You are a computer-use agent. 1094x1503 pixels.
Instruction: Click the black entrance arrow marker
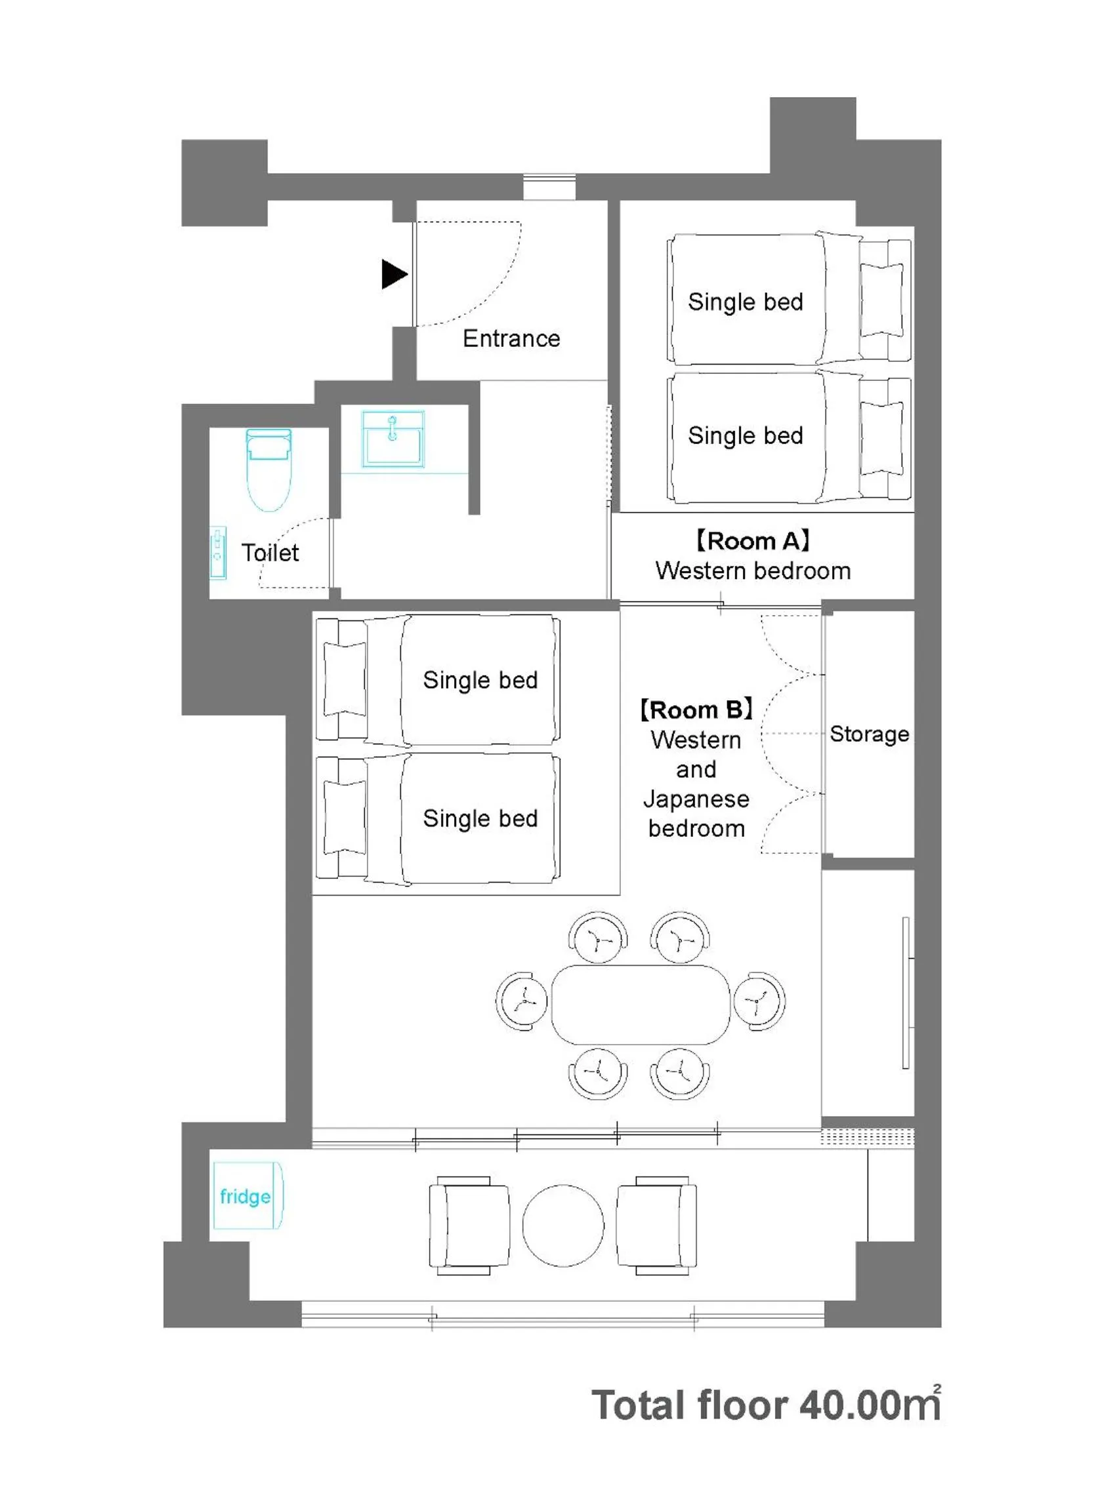tap(393, 273)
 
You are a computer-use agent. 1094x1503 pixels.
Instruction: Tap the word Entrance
tap(511, 338)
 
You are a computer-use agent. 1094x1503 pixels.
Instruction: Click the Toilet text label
tap(270, 553)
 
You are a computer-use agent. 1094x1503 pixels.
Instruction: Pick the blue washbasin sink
tap(392, 439)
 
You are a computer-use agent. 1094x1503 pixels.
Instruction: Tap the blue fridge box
tap(247, 1197)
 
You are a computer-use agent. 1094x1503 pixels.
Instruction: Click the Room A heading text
tap(753, 541)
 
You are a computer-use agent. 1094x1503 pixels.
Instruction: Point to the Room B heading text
tap(696, 710)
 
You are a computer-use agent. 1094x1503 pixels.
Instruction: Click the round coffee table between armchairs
tap(563, 1226)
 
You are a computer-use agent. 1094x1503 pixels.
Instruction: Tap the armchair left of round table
tap(469, 1226)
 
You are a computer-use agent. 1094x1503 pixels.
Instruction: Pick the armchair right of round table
tap(656, 1226)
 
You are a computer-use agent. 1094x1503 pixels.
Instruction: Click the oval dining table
tap(641, 1004)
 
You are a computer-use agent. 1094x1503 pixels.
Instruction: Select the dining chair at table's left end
tap(522, 1001)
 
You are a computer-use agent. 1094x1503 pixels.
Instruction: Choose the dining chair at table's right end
tap(759, 1001)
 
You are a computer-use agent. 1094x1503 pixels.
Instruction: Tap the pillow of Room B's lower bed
tap(345, 818)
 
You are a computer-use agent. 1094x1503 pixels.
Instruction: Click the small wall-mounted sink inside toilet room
tap(217, 553)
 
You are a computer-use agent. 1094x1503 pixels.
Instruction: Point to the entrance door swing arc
tap(491, 292)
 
